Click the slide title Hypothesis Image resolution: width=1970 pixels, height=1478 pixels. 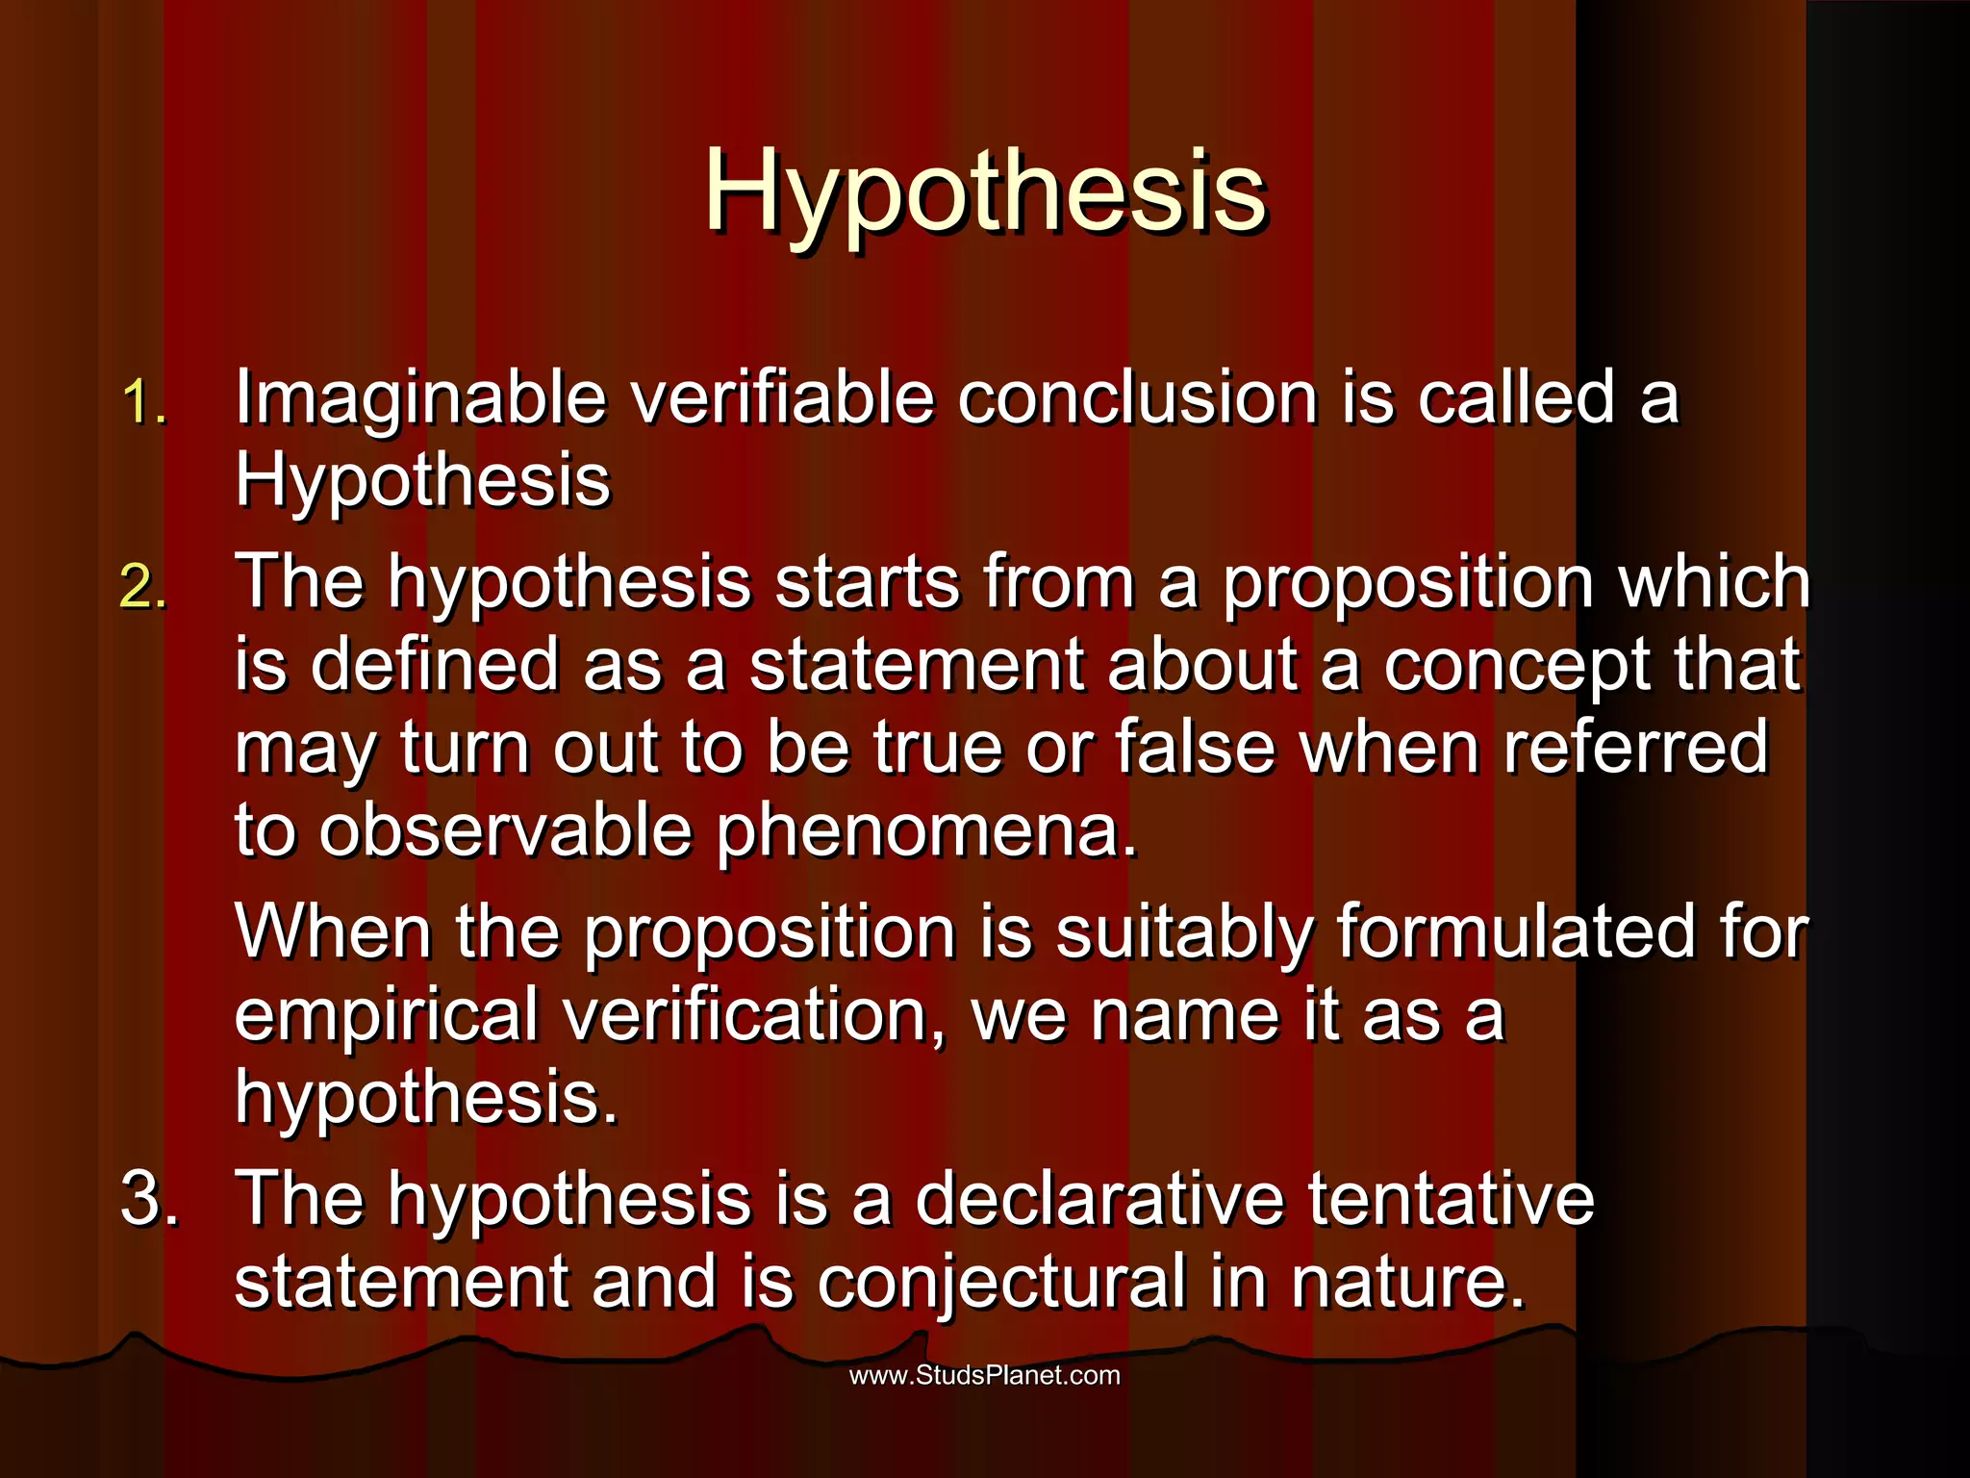tap(985, 192)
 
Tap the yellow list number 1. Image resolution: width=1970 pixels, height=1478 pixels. tap(144, 401)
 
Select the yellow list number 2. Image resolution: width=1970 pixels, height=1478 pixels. tap(144, 586)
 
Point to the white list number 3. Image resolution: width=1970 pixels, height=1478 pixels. tap(149, 1199)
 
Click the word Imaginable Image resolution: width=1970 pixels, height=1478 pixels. tap(420, 398)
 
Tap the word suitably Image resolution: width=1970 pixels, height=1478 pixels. tap(1184, 933)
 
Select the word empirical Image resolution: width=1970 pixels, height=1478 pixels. tap(386, 1016)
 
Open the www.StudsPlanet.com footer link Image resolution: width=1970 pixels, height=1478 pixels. tap(985, 1375)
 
